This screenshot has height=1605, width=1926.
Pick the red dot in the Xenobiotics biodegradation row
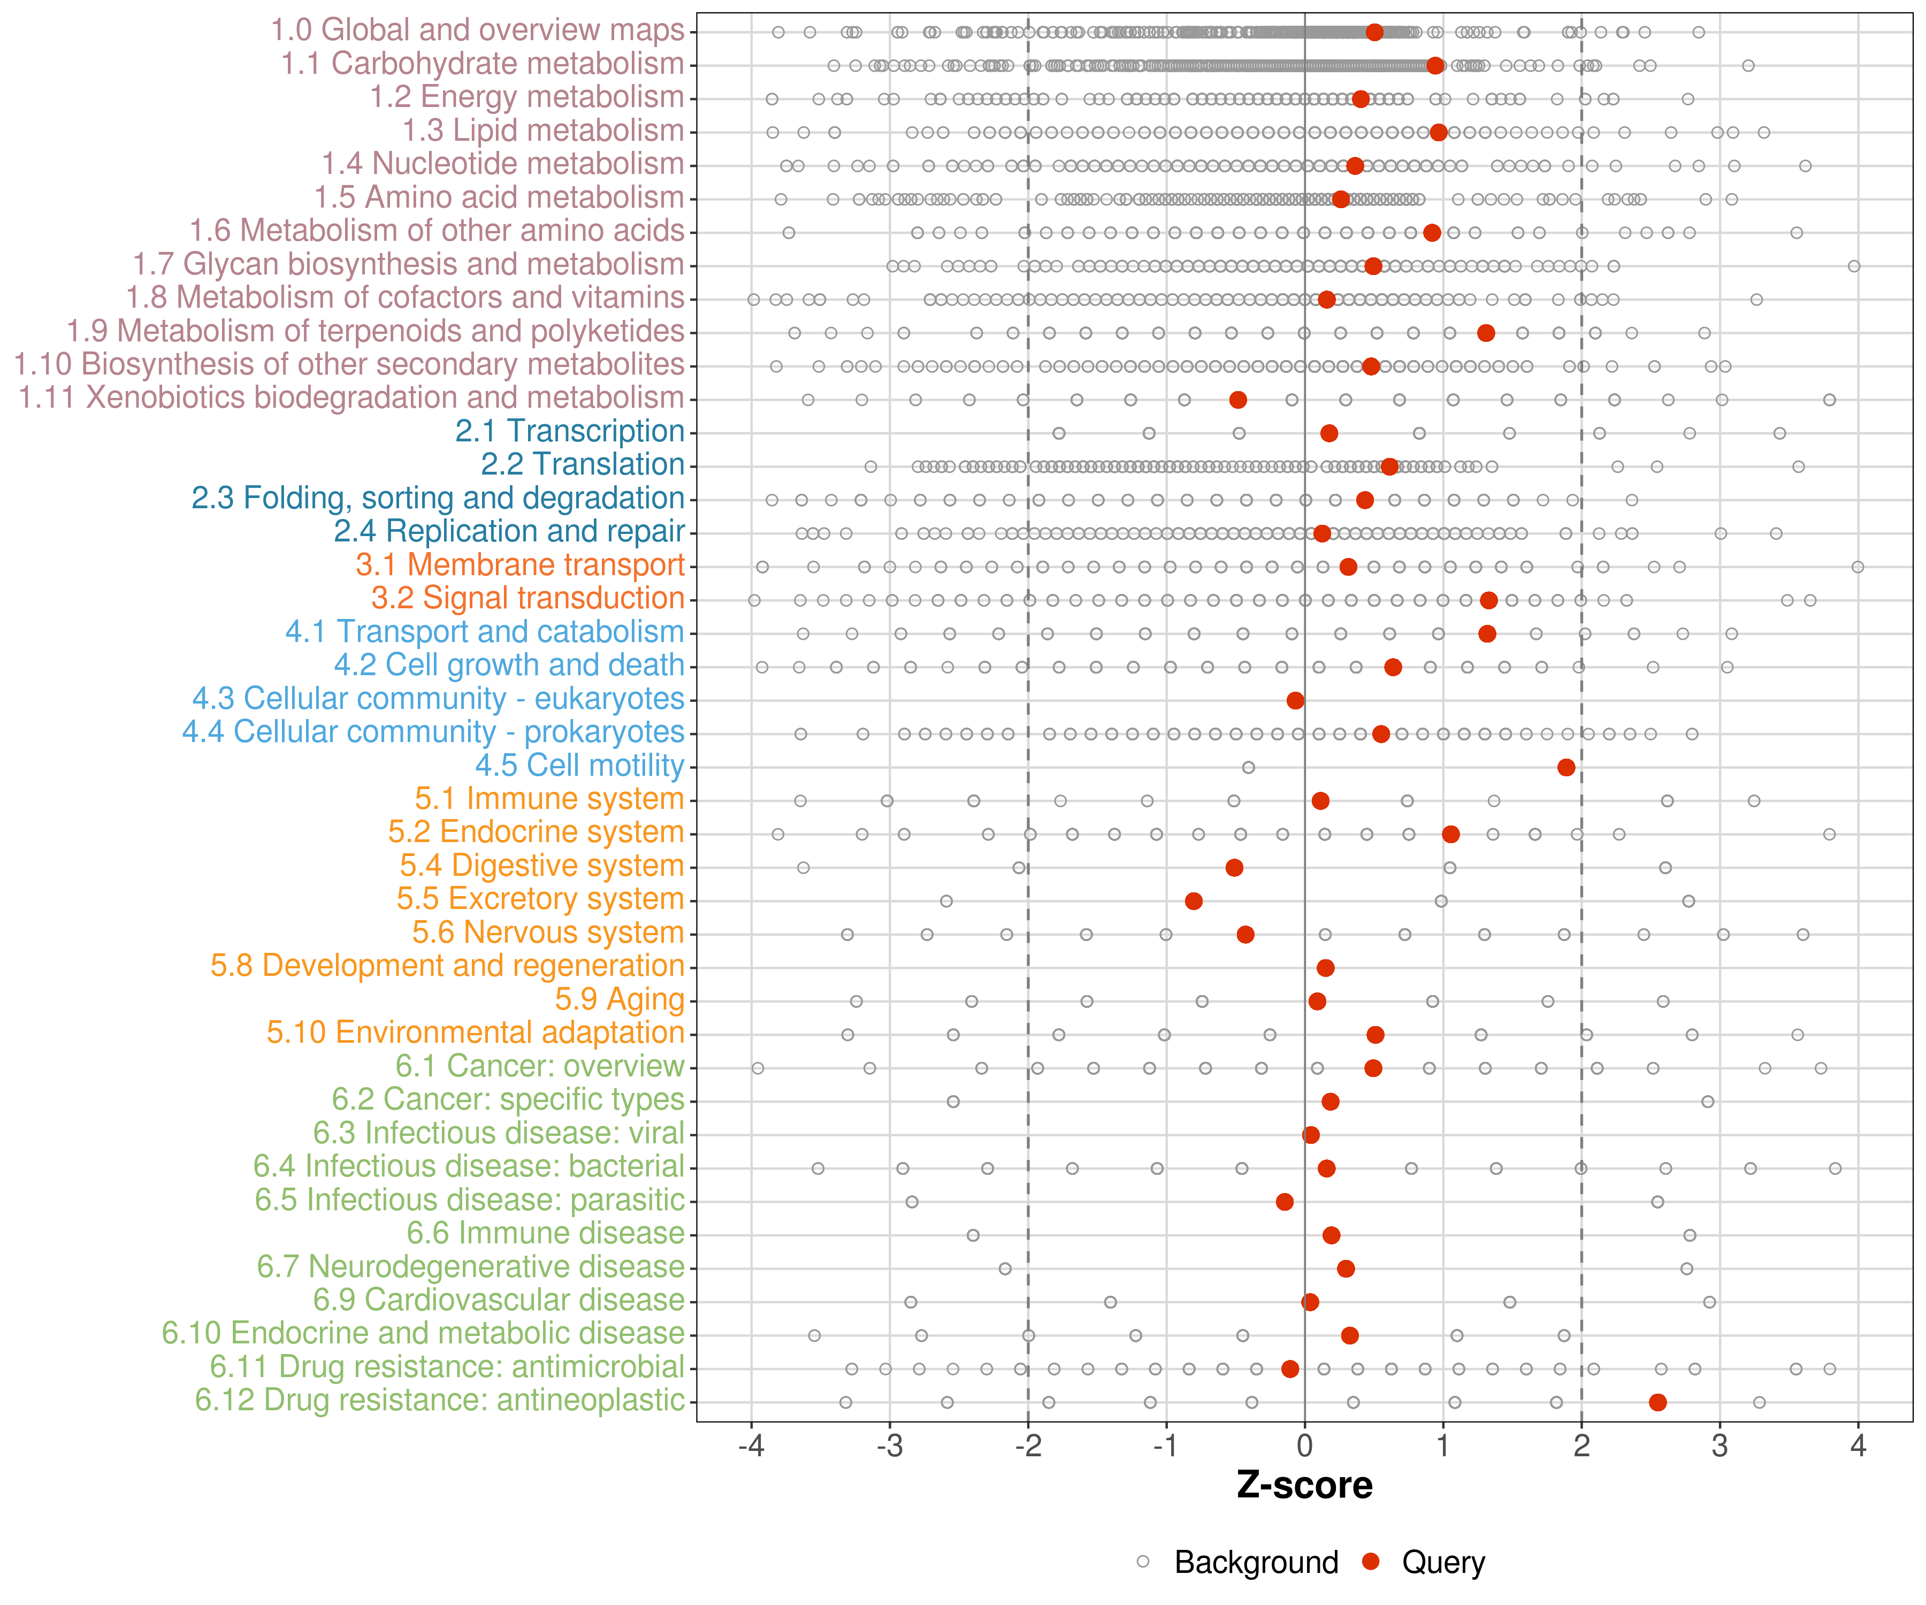pyautogui.click(x=1237, y=400)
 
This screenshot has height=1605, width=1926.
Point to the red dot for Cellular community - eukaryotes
pyautogui.click(x=1295, y=701)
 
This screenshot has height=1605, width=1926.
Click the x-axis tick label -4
pyautogui.click(x=751, y=1446)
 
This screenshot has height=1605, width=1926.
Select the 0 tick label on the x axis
pyautogui.click(x=1304, y=1446)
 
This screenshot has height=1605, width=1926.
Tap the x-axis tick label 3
pyautogui.click(x=1719, y=1446)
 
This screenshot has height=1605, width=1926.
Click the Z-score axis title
pyautogui.click(x=1304, y=1485)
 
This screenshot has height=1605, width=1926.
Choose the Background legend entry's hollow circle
pyautogui.click(x=1143, y=1561)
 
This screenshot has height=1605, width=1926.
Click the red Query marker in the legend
pyautogui.click(x=1371, y=1561)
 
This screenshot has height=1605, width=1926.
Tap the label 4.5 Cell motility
pyautogui.click(x=579, y=765)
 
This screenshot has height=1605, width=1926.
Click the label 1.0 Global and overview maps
pyautogui.click(x=477, y=30)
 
